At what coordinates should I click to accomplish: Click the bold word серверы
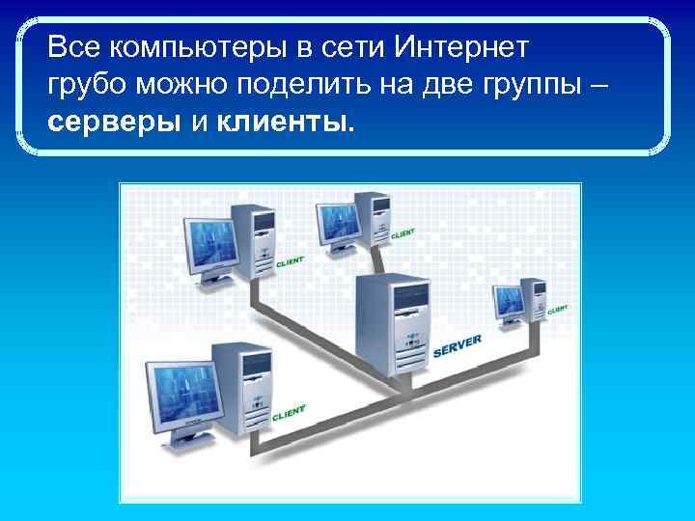click(113, 123)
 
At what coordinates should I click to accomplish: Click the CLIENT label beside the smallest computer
click(557, 310)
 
